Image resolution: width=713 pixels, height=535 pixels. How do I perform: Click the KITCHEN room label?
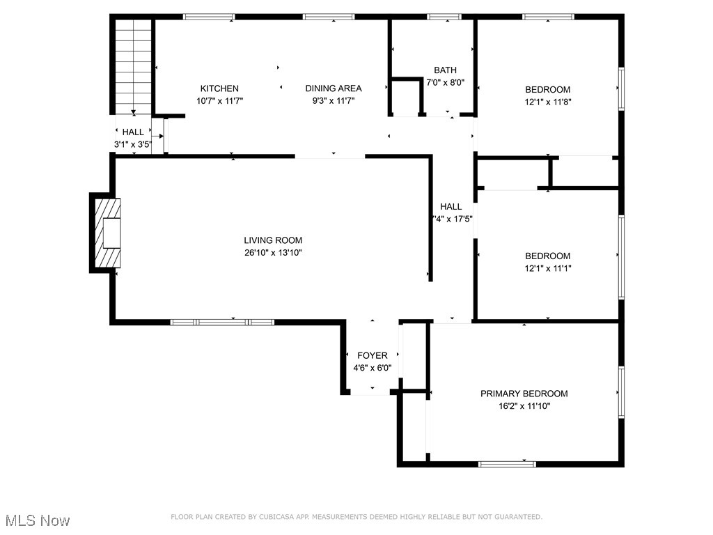(219, 88)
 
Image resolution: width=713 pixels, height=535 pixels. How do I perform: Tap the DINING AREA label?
(333, 88)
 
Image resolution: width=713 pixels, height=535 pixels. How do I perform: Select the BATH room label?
(445, 70)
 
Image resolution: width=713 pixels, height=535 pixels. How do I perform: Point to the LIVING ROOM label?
(272, 240)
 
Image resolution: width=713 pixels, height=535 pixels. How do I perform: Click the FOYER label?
(372, 356)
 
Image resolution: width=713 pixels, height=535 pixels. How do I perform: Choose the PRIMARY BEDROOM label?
(524, 394)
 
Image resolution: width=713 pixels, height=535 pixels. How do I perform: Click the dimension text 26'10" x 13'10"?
(272, 253)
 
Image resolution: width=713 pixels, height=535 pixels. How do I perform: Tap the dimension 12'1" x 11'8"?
(547, 102)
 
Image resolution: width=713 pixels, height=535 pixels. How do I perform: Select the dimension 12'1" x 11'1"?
(547, 268)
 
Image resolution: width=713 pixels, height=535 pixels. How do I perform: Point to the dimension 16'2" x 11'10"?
(524, 406)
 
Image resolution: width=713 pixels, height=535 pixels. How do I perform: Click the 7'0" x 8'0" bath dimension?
(445, 82)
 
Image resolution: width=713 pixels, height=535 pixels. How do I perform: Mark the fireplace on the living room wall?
(107, 233)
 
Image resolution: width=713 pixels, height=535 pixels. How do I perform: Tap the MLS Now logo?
(38, 520)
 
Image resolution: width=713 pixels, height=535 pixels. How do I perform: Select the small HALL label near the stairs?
(133, 132)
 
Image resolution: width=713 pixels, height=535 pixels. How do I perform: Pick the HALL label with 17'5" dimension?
(450, 207)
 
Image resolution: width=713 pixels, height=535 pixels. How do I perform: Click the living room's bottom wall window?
(222, 322)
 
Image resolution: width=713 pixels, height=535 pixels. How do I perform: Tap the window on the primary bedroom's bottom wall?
(507, 463)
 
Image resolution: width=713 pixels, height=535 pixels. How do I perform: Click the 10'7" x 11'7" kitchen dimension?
(219, 101)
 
